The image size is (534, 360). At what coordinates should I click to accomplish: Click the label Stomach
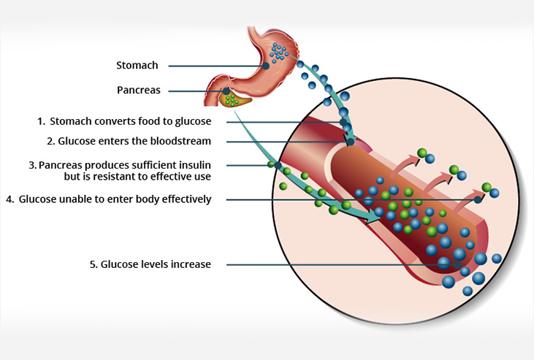(x=137, y=66)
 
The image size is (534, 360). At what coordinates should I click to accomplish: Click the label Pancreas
(x=138, y=91)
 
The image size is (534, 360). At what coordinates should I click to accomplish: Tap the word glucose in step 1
(x=194, y=121)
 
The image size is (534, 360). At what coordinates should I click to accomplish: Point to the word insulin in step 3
(x=197, y=166)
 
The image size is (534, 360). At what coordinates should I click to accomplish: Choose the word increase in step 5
(x=191, y=264)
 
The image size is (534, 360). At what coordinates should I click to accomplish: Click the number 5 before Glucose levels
(x=93, y=264)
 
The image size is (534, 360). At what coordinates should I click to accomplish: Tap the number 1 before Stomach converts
(x=41, y=121)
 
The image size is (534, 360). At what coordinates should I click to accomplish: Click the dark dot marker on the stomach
(x=266, y=66)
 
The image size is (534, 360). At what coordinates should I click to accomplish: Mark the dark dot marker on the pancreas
(x=226, y=91)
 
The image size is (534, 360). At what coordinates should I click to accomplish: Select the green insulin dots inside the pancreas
(x=232, y=99)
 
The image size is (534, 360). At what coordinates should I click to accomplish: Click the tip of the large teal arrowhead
(x=381, y=220)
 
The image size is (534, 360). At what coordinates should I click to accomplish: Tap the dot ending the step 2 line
(x=350, y=141)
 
